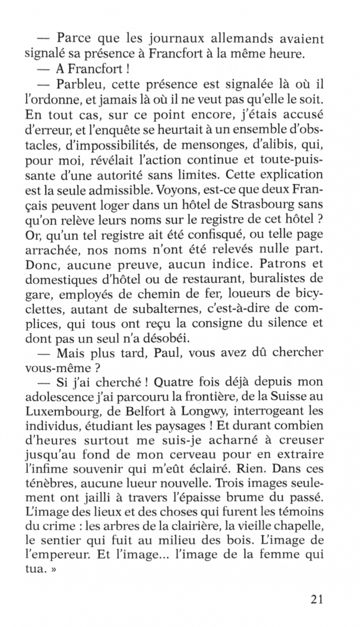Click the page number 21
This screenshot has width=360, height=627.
[x=313, y=599]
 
